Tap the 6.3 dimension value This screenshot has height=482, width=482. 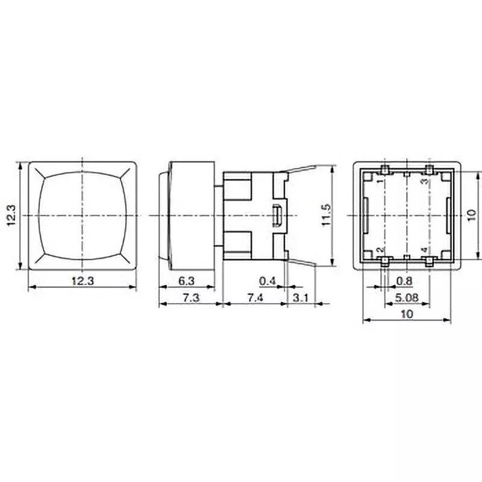[187, 280]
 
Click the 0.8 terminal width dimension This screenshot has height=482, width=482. [405, 280]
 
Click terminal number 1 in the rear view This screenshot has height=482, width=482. [379, 180]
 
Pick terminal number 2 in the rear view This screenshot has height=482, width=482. [379, 250]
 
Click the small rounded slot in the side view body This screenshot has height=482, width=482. [278, 215]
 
